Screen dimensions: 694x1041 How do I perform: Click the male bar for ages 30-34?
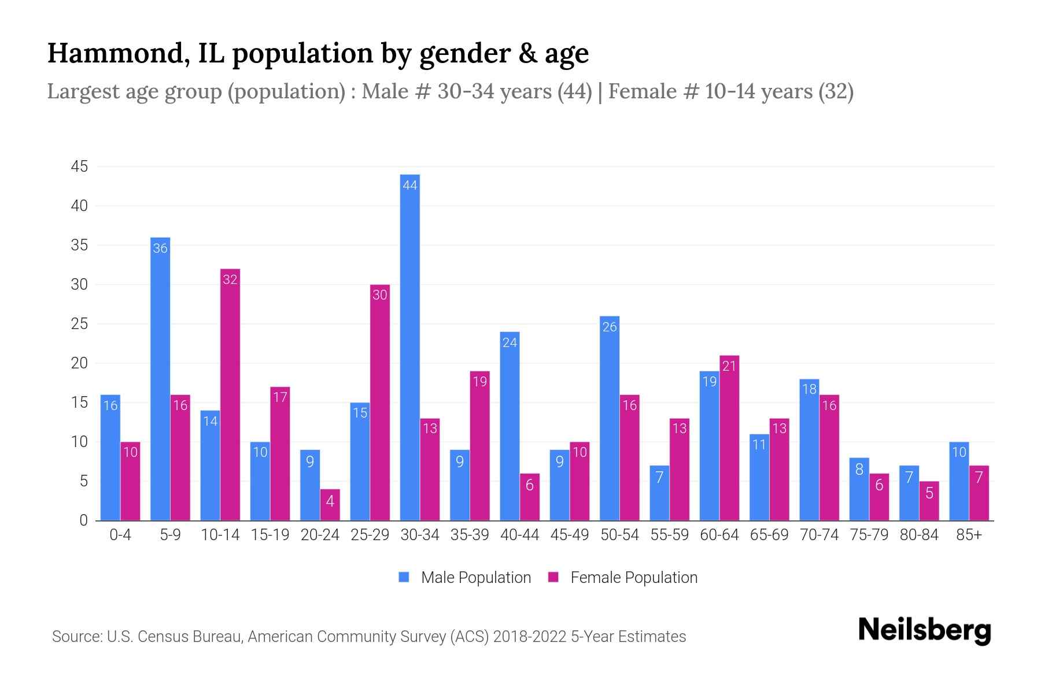point(409,347)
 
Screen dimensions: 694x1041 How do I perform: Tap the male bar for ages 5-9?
point(160,379)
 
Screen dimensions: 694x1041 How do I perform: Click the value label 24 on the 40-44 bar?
point(510,343)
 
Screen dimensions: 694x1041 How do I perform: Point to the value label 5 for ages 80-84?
point(929,493)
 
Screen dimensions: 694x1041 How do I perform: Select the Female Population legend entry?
point(623,578)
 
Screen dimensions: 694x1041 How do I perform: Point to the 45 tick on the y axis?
point(79,167)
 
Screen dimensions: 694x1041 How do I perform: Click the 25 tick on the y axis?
point(79,324)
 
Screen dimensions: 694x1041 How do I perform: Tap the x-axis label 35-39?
point(470,535)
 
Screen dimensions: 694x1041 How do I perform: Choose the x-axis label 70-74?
point(819,535)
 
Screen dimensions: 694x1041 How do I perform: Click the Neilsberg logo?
point(924,630)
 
